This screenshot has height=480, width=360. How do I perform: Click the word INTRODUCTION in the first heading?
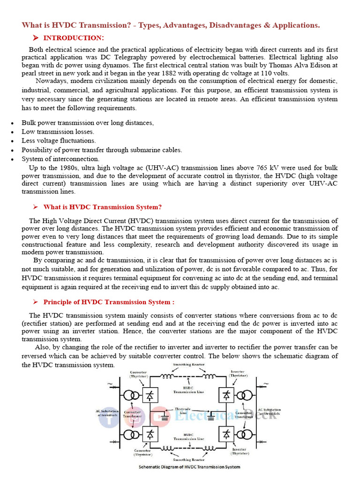pos(74,38)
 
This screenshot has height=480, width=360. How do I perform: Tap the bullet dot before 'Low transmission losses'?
pos(12,132)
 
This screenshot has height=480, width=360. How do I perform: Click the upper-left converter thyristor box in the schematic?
pos(150,395)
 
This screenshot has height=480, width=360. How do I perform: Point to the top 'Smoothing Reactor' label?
pos(188,365)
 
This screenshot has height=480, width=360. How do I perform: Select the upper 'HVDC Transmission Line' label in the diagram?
pos(188,390)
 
